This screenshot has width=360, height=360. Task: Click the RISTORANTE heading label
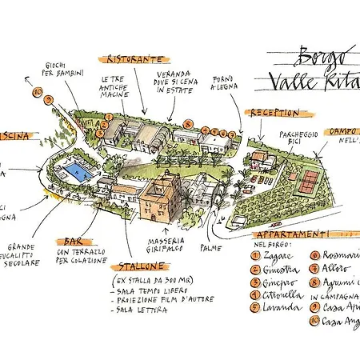click(134, 59)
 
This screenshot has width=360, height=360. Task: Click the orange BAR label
click(68, 241)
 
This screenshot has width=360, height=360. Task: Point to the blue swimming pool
click(77, 171)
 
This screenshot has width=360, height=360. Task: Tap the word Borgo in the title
click(312, 58)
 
